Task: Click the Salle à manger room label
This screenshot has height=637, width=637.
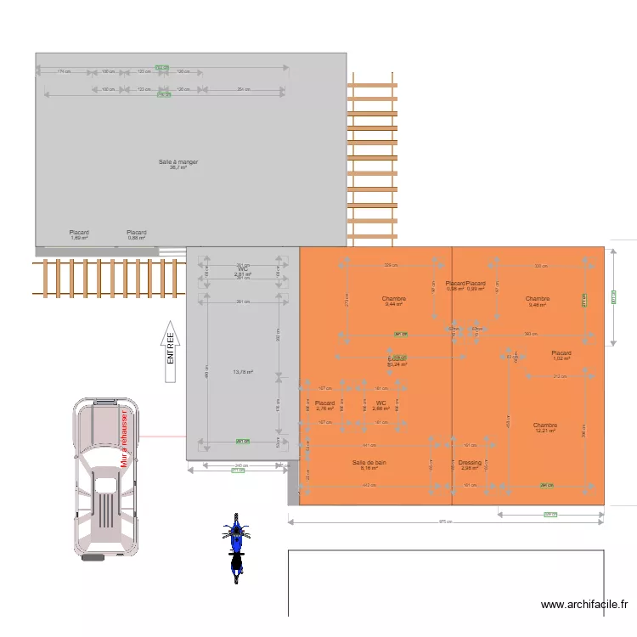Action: tap(178, 164)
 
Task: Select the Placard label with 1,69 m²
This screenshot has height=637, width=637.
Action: tap(79, 234)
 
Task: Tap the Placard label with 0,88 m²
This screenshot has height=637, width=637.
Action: tap(137, 234)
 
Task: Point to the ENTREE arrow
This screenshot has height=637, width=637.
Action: tap(170, 349)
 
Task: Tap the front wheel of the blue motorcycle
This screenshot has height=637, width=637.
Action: tap(236, 521)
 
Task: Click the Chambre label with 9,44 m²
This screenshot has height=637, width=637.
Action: tap(394, 302)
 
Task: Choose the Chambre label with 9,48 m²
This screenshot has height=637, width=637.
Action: tap(537, 302)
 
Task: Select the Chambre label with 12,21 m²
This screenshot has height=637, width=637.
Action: tap(545, 428)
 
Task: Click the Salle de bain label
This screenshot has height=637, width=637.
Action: tap(369, 465)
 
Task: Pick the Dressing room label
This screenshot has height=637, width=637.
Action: tap(470, 465)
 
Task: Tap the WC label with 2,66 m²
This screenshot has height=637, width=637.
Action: tap(381, 405)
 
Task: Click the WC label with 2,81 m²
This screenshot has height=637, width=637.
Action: tap(243, 272)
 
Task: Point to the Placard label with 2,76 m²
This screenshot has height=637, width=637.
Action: tap(325, 405)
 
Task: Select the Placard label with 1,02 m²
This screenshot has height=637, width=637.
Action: tap(561, 355)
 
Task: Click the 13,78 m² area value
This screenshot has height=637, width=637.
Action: tap(243, 372)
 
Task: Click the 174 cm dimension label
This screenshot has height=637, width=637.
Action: tap(64, 70)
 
